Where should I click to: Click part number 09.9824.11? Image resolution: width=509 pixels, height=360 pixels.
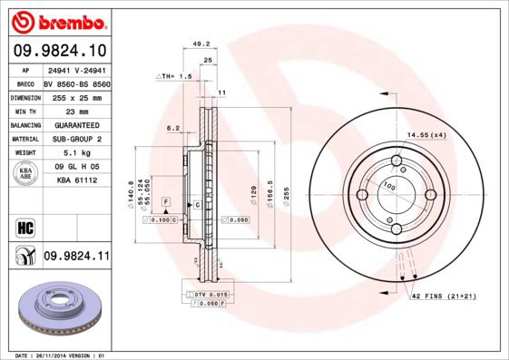coord(75,258)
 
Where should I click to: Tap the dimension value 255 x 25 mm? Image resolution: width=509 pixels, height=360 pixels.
coord(76,96)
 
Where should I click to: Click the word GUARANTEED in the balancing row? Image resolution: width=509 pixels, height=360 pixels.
coord(76,124)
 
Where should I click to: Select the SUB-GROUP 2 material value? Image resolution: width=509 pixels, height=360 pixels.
coord(76,139)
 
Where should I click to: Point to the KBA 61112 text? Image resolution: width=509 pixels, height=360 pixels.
coord(76,180)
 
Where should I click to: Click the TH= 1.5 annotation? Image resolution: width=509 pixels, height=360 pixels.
coord(175,78)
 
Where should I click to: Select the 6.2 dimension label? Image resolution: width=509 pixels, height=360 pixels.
coord(172,128)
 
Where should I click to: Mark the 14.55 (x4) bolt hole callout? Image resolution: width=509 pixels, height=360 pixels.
coord(426,136)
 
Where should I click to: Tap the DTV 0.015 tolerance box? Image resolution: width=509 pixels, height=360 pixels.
coord(208,296)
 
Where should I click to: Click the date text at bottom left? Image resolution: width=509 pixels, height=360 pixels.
coord(56,355)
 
